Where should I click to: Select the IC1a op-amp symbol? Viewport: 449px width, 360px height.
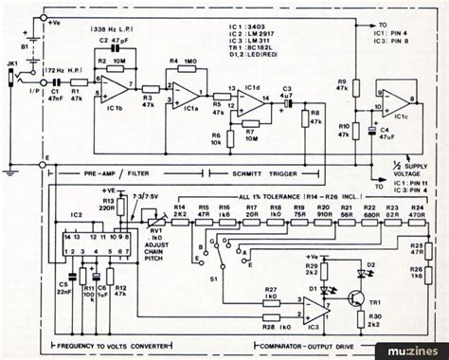coord(189,95)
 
